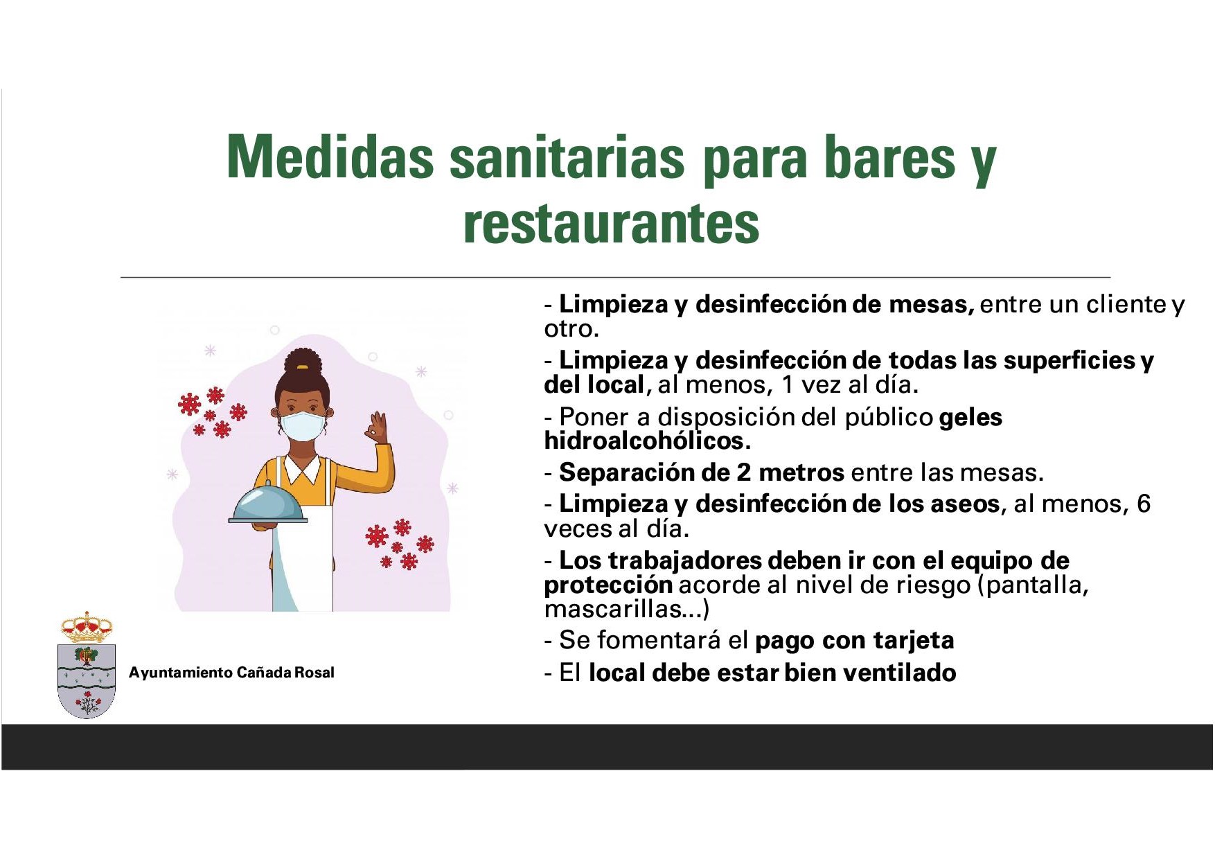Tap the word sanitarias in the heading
pyautogui.click(x=567, y=157)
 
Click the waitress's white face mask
pyautogui.click(x=302, y=425)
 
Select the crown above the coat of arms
pyautogui.click(x=87, y=628)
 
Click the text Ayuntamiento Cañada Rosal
pyautogui.click(x=231, y=673)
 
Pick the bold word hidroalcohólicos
pyautogui.click(x=647, y=441)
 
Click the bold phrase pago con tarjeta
pyautogui.click(x=855, y=641)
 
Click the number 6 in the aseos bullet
pyautogui.click(x=1143, y=504)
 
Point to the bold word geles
pyautogui.click(x=970, y=418)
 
